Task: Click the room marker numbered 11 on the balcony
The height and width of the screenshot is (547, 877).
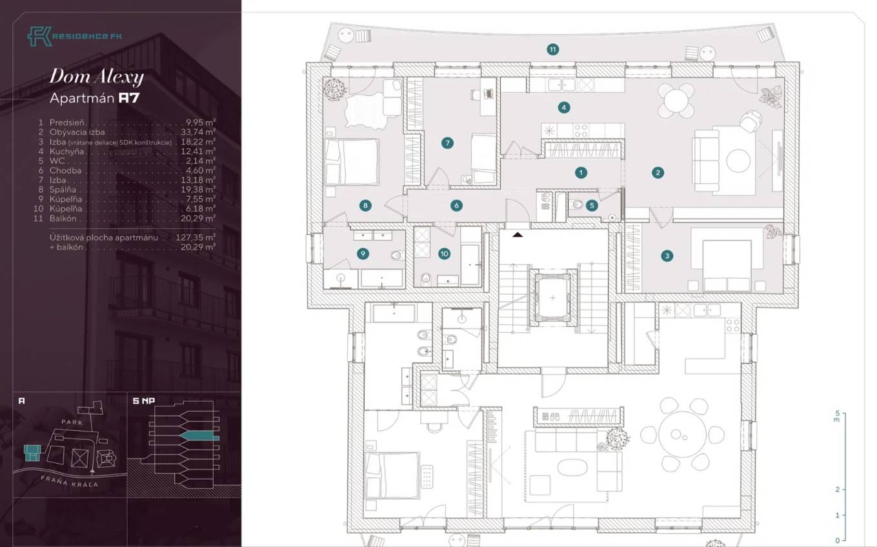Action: (552, 50)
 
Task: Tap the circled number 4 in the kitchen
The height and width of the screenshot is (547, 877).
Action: (564, 107)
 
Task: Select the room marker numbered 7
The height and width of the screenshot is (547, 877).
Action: (447, 143)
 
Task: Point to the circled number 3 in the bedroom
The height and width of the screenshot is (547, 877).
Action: (667, 256)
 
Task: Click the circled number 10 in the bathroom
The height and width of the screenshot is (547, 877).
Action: (444, 254)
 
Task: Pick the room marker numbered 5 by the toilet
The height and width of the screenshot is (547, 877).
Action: (592, 205)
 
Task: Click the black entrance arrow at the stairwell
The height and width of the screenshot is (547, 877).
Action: (518, 235)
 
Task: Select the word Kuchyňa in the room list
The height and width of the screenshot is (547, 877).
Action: (66, 151)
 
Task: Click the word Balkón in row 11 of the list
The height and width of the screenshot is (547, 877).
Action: (63, 218)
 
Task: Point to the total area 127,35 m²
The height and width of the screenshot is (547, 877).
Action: (196, 237)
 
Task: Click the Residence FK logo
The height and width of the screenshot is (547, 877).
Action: (75, 36)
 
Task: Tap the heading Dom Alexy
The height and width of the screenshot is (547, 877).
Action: (97, 77)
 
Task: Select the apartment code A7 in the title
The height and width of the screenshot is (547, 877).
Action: (129, 98)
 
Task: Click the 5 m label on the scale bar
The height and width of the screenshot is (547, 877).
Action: (837, 415)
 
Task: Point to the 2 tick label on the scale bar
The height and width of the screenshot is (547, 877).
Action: (838, 490)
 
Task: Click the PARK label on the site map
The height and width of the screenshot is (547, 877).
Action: (72, 423)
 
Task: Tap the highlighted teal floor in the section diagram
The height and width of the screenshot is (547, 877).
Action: (199, 436)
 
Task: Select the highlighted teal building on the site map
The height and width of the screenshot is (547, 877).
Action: (32, 453)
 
